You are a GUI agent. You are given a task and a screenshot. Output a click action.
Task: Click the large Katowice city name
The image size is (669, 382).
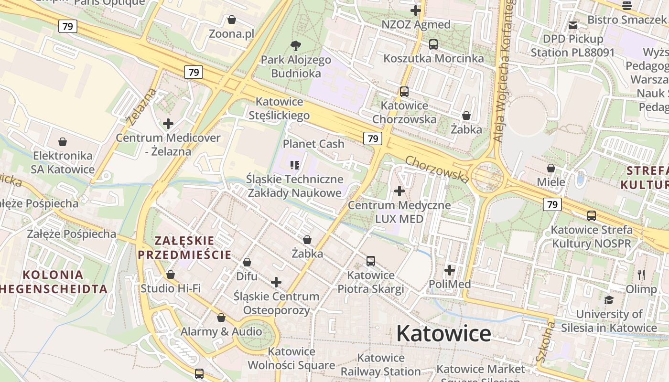tap(443, 333)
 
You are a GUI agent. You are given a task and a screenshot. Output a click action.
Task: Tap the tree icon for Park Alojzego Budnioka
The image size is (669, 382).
tap(296, 46)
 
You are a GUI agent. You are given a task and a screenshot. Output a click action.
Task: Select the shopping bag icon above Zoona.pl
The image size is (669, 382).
tap(232, 20)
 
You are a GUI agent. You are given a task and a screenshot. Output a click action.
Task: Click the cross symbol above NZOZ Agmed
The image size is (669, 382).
tap(416, 10)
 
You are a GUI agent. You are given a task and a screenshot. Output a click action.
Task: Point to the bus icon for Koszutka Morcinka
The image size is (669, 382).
tap(433, 44)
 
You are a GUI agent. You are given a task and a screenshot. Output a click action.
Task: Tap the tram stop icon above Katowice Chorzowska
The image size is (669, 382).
tap(404, 91)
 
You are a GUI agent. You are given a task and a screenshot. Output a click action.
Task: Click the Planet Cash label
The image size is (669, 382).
tap(313, 144)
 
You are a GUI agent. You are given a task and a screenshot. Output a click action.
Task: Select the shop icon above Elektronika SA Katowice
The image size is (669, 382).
tap(63, 142)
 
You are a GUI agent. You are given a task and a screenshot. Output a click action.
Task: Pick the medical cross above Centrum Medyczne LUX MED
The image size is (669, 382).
tap(399, 191)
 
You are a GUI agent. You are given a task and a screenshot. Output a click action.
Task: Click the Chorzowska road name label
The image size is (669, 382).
tap(437, 169)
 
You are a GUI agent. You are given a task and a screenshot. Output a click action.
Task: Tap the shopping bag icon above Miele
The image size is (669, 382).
tap(551, 168)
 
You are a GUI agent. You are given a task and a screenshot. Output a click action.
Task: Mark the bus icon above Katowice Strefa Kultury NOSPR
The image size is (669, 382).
tap(592, 215)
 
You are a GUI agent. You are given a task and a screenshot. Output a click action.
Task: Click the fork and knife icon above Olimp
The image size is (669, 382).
tap(641, 275)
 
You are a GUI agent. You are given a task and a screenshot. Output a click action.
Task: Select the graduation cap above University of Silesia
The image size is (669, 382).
tap(609, 300)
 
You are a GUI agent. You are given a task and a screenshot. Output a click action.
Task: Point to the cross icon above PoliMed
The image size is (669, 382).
tap(450, 270)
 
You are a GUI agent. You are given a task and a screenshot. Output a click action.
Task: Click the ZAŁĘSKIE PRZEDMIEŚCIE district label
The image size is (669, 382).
tap(184, 247)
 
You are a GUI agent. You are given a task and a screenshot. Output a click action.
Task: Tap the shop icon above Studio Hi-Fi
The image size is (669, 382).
tap(171, 275)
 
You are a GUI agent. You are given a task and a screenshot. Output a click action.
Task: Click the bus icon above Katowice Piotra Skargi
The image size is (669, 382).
tap(371, 261)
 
